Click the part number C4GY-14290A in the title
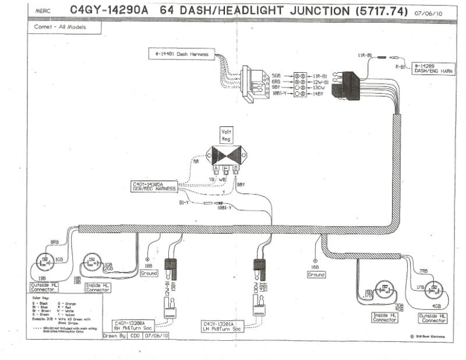pyautogui.click(x=109, y=10)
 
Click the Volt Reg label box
pyautogui.click(x=225, y=135)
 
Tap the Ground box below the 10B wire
pyautogui.click(x=149, y=273)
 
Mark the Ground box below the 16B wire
pyautogui.click(x=316, y=274)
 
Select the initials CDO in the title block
pyautogui.click(x=136, y=337)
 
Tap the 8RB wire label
pyautogui.click(x=55, y=241)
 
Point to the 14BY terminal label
pyautogui.click(x=318, y=93)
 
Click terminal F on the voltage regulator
pyautogui.click(x=225, y=168)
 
